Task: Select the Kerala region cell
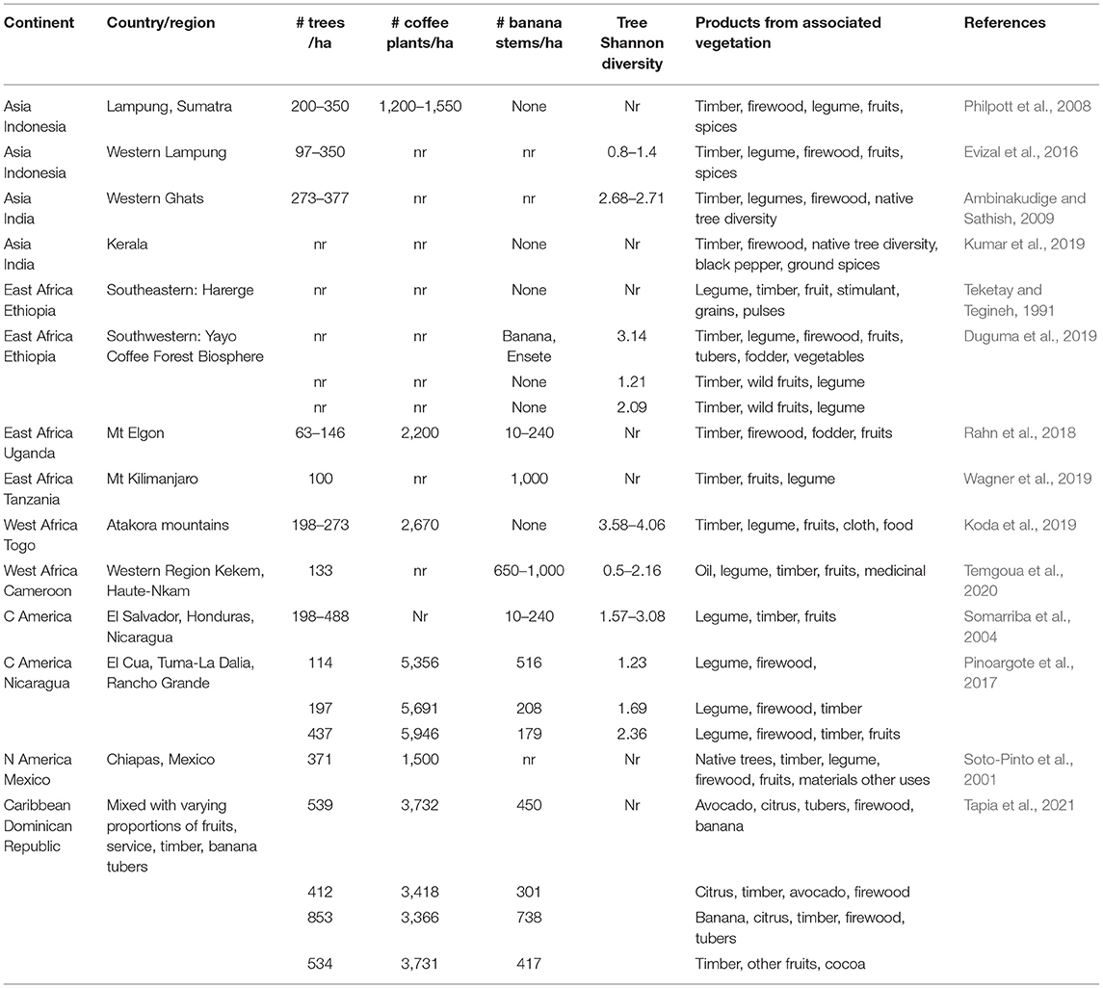point(127,245)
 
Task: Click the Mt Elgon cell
point(136,433)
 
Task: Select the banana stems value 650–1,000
point(524,571)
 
